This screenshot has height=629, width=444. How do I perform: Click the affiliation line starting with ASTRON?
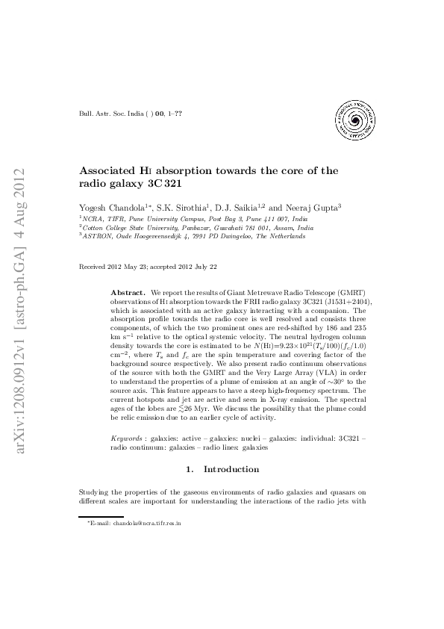tap(193, 235)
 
